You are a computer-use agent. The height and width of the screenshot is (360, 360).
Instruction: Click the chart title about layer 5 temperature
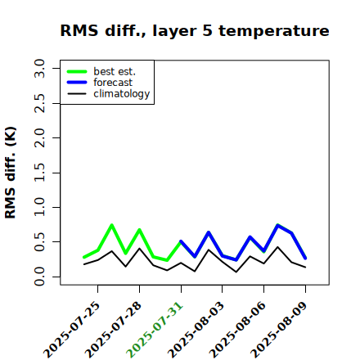click(x=195, y=30)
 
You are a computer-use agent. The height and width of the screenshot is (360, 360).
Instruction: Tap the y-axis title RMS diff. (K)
click(x=11, y=173)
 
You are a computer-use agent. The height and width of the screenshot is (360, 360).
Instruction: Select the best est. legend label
click(x=115, y=71)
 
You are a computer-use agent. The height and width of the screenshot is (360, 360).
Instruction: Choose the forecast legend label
click(x=113, y=83)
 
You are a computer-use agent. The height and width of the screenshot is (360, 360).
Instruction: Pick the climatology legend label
click(x=122, y=94)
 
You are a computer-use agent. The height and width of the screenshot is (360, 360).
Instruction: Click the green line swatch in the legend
click(x=77, y=71)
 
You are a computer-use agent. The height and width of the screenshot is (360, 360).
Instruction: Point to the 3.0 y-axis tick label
click(x=39, y=68)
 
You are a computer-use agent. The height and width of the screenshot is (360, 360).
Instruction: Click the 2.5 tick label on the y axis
click(x=39, y=103)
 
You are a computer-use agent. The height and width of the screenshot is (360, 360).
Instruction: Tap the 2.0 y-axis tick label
click(x=39, y=137)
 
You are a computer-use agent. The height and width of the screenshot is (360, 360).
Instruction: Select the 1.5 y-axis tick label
click(x=39, y=173)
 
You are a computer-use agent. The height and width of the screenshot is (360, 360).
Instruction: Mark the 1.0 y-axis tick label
click(x=39, y=207)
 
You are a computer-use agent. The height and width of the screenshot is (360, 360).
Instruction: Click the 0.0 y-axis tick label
click(x=39, y=277)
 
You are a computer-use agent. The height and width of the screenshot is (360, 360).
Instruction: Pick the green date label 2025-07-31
click(x=155, y=330)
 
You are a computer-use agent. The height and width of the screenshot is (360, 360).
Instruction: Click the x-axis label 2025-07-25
click(x=71, y=330)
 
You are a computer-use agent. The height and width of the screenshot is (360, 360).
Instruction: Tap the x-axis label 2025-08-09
click(x=279, y=330)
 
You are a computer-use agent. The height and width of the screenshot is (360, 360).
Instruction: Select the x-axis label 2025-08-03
click(x=196, y=330)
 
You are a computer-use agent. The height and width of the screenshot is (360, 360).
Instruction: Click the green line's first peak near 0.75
click(x=112, y=225)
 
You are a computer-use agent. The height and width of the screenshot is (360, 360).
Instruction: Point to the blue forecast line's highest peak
click(x=277, y=225)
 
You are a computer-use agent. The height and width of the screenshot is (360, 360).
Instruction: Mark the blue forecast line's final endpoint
click(x=305, y=259)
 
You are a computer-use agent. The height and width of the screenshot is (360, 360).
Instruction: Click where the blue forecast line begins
click(x=181, y=241)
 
